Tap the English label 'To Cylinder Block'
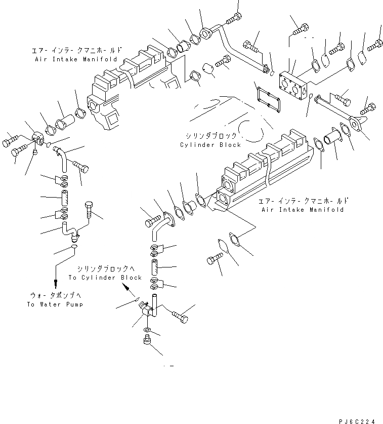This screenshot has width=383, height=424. coord(105,278)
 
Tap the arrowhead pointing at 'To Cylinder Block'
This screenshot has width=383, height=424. coord(126,287)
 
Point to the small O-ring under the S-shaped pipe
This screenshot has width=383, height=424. coord(74,247)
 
